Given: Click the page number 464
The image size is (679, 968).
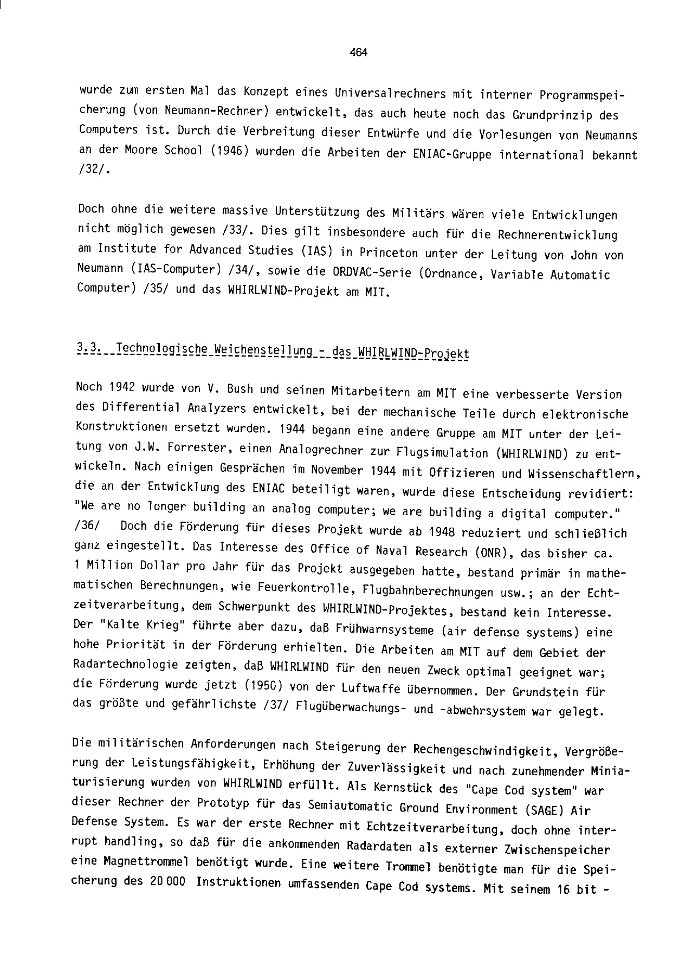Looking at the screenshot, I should pos(359,53).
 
